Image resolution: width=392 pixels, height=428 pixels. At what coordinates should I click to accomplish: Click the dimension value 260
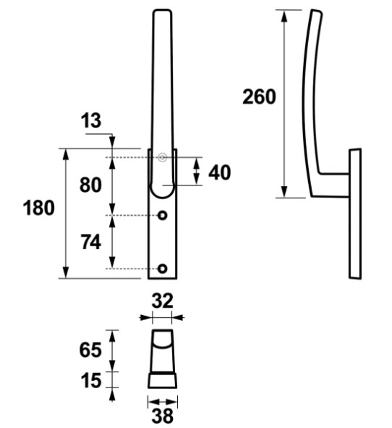tap(259, 96)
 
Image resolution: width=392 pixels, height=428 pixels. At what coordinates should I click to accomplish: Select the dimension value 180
tap(39, 208)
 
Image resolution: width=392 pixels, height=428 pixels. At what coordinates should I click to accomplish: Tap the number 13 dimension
tap(91, 120)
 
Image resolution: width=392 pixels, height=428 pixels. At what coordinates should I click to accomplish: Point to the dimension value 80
tap(90, 185)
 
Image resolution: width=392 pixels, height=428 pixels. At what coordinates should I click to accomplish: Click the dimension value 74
tap(91, 242)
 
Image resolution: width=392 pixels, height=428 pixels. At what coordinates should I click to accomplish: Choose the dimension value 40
tap(219, 172)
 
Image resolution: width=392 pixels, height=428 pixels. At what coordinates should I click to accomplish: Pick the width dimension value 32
tap(162, 301)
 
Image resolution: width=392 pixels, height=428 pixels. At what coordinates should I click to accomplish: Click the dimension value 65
tap(90, 350)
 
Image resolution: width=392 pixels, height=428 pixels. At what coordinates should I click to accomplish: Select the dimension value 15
tap(91, 380)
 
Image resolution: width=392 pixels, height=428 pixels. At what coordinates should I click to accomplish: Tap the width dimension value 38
tap(163, 416)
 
